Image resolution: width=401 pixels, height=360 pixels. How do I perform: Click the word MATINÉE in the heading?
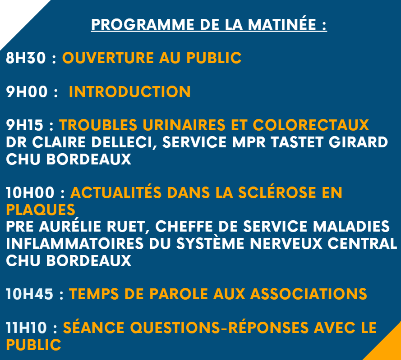point(282,24)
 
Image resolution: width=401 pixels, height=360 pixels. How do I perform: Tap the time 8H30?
point(26,58)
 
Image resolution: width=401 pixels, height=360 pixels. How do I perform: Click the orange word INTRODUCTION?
point(130,92)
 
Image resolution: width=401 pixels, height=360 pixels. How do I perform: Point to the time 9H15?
point(25,125)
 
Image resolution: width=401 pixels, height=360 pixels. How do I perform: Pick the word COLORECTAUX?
point(311,125)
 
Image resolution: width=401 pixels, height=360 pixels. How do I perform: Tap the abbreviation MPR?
point(249,142)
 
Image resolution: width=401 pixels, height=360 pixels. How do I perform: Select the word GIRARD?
point(358,142)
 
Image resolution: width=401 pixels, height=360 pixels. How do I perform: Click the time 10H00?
point(30,193)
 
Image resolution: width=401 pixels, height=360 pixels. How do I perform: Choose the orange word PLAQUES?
point(41,210)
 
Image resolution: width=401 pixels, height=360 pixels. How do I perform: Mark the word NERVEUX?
point(286,243)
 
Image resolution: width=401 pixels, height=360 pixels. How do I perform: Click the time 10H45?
point(30,294)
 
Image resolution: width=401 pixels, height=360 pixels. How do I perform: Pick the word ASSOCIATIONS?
point(309,294)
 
